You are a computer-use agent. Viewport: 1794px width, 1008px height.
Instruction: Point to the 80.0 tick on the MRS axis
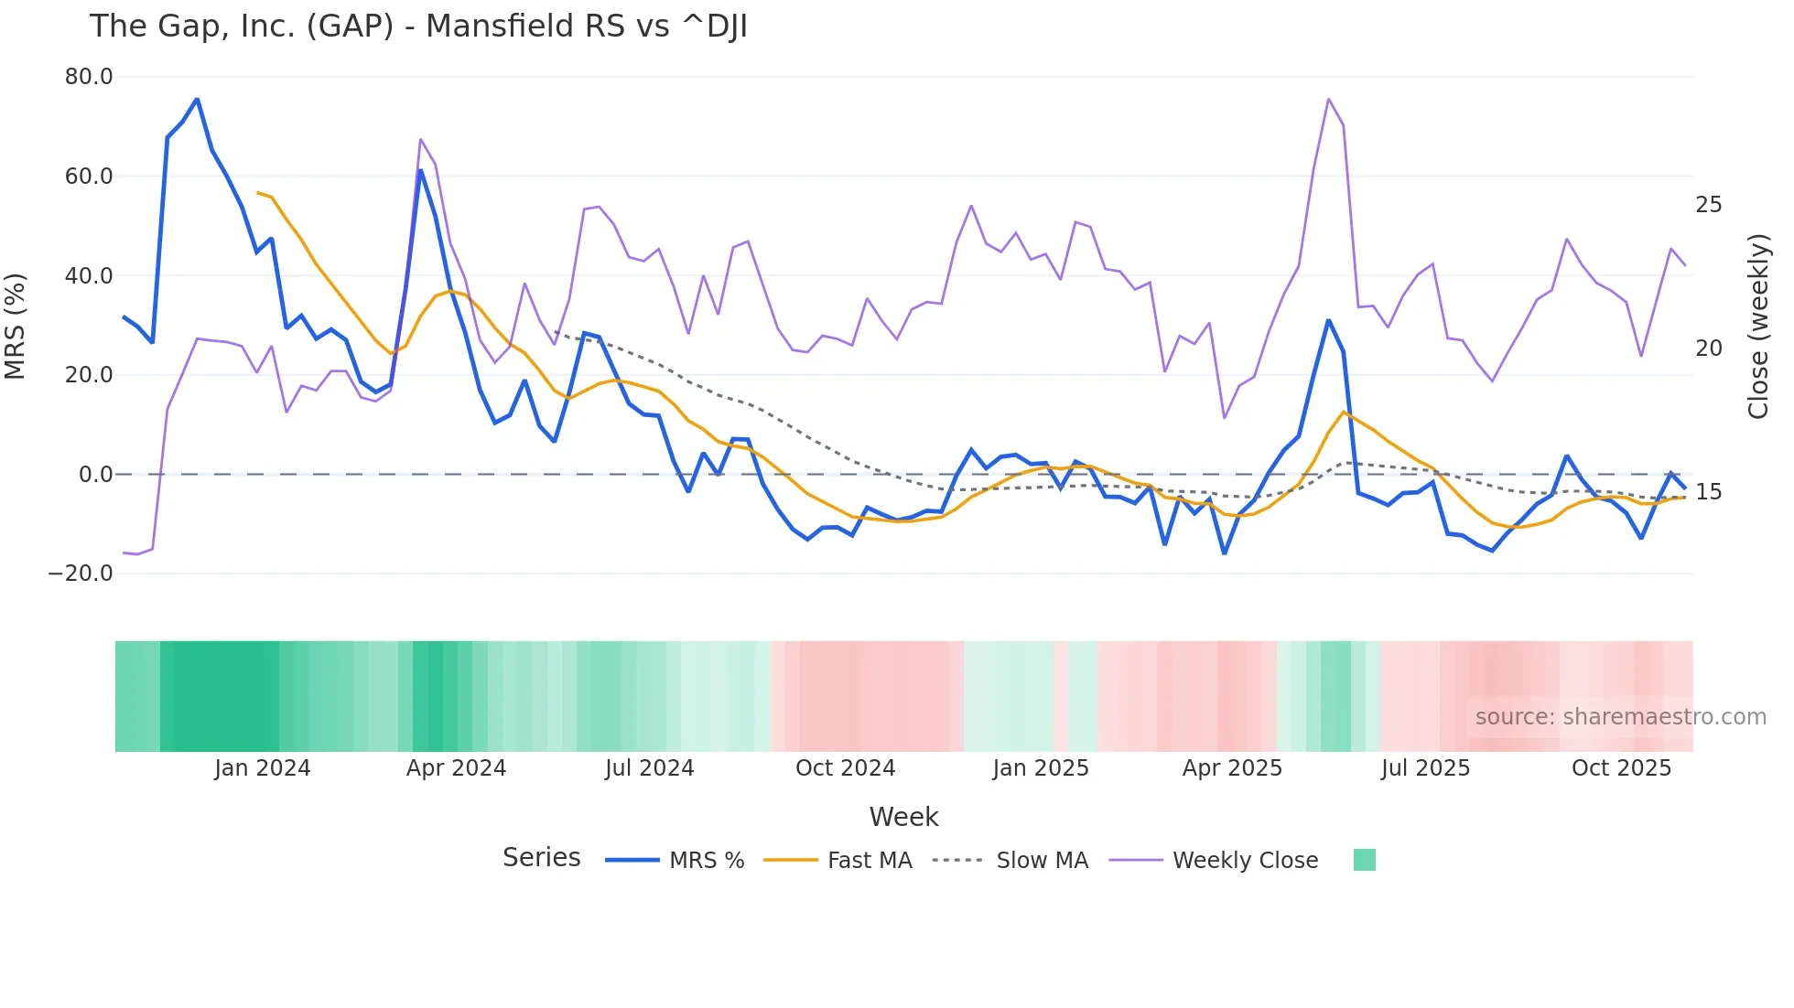click(89, 77)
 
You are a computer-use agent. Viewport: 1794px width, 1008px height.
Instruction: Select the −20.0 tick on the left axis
click(81, 574)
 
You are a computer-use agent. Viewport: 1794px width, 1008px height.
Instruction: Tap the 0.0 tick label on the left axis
click(95, 475)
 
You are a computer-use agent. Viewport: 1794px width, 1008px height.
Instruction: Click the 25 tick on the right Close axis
click(1708, 205)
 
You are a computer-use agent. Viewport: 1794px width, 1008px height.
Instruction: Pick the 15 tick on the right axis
click(1708, 492)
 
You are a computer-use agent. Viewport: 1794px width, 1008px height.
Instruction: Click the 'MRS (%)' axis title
click(16, 326)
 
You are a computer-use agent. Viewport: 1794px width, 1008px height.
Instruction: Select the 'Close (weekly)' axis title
click(1757, 326)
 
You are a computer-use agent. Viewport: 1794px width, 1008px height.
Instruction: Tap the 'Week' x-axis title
click(903, 817)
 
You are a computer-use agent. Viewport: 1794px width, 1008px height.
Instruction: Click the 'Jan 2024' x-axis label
click(263, 768)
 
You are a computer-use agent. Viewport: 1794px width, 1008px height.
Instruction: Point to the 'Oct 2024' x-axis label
click(845, 768)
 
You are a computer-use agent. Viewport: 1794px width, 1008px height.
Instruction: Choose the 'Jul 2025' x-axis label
click(1425, 768)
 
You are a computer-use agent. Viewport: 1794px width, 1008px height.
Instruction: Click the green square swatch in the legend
click(1364, 860)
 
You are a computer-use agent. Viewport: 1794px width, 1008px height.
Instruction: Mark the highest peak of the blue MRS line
click(197, 99)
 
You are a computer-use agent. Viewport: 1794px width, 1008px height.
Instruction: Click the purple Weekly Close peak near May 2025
click(1328, 99)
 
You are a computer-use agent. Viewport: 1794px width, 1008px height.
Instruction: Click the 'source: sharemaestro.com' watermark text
click(1620, 717)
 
